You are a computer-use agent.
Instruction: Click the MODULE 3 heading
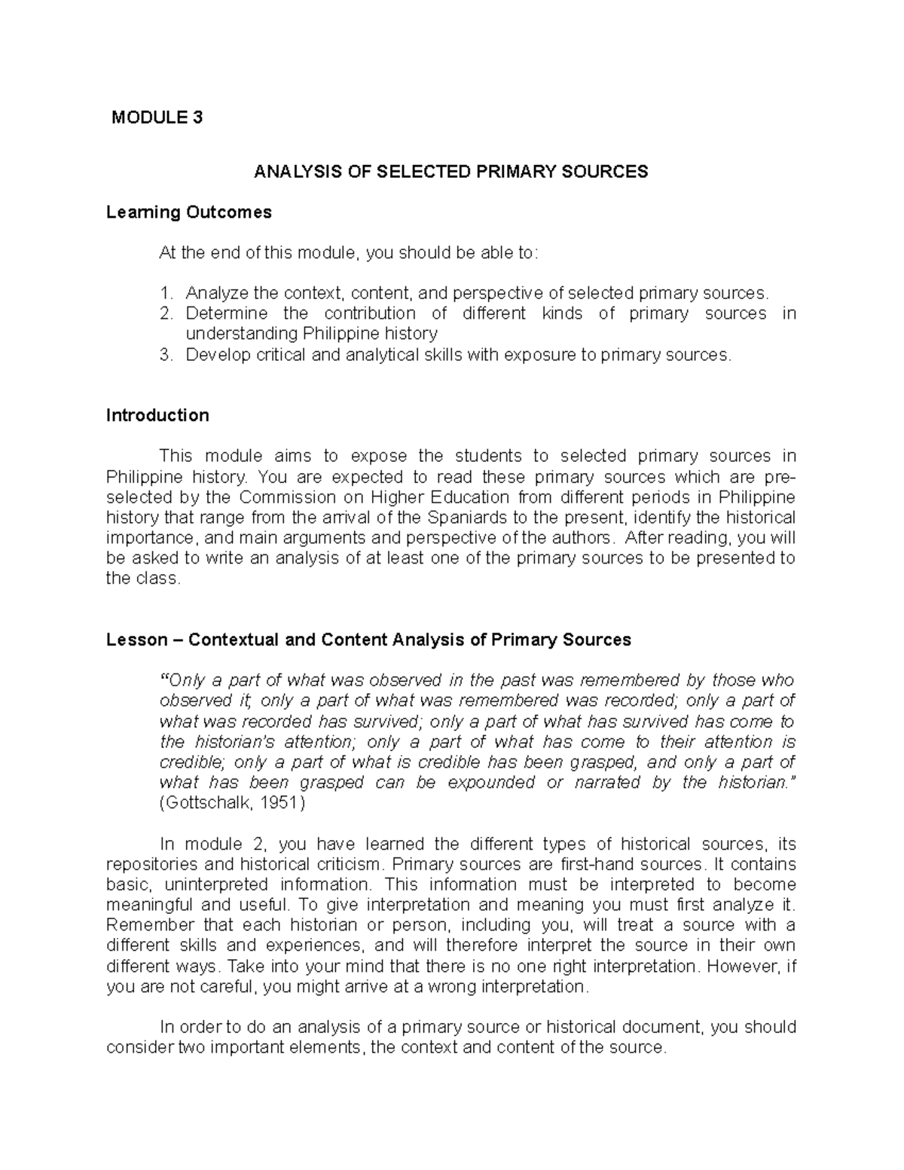pyautogui.click(x=157, y=118)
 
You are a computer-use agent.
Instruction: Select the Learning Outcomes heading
pyautogui.click(x=188, y=212)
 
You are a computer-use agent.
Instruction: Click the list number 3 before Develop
pyautogui.click(x=166, y=355)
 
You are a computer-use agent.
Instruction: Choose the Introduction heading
pyautogui.click(x=157, y=415)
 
